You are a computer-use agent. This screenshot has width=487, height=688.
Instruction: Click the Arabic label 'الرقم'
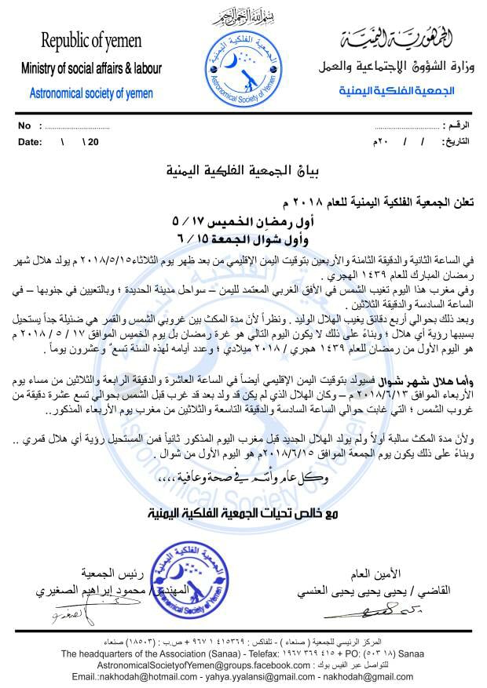pos(456,126)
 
